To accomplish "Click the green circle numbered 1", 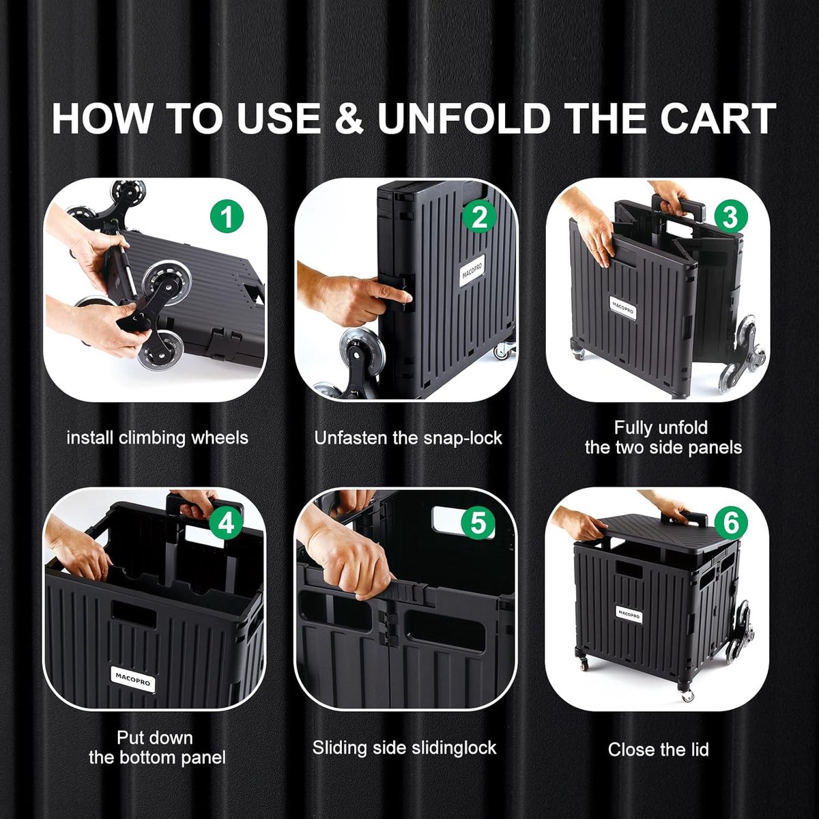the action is [x=227, y=216].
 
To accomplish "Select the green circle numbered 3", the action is [x=730, y=216].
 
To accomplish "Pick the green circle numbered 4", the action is [x=226, y=523].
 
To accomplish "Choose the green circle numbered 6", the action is [x=731, y=523].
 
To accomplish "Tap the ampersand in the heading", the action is [x=350, y=118].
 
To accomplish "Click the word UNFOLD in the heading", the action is [x=463, y=118].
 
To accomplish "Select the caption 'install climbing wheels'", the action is [x=157, y=438].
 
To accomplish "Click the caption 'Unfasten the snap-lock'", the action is [x=408, y=438].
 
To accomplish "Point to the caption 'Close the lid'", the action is [x=658, y=749].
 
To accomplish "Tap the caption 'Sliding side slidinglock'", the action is [x=404, y=748].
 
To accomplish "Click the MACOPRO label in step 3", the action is [x=622, y=308].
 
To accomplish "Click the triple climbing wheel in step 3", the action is [x=747, y=354].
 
